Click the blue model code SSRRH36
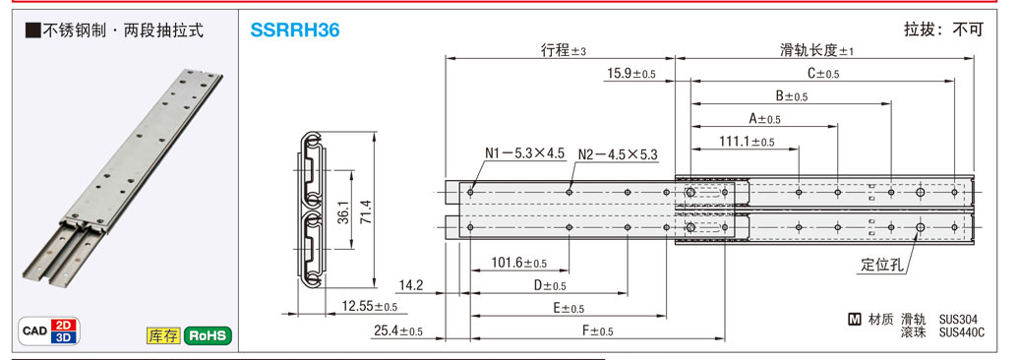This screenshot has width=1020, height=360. [x=295, y=30]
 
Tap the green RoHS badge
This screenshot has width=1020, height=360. [x=209, y=336]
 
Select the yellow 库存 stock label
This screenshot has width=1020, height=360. [x=163, y=336]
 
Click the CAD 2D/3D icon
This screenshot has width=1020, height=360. [x=49, y=331]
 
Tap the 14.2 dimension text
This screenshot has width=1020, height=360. [x=410, y=284]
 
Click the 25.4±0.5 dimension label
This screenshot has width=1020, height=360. [x=398, y=332]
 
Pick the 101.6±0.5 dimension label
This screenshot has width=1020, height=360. [x=519, y=263]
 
